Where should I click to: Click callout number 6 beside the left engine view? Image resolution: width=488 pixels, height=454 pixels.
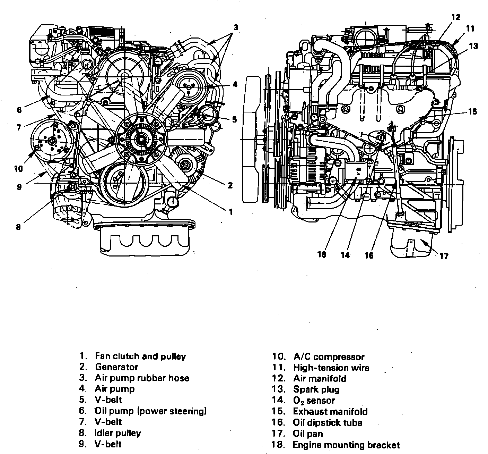pos(19,110)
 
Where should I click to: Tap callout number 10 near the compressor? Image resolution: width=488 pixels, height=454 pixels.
pos(18,169)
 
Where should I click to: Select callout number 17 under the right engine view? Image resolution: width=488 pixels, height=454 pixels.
pos(444,257)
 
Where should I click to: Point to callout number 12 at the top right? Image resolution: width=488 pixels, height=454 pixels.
pos(456,17)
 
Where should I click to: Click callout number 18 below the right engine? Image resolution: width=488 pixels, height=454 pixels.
pos(322,254)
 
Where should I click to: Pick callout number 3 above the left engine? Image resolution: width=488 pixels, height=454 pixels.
pos(235,27)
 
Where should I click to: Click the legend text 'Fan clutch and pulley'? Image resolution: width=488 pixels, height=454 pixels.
pos(140,356)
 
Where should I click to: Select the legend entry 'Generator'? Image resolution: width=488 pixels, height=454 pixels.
pos(116,367)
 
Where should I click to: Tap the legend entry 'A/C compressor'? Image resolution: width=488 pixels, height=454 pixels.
pos(329,356)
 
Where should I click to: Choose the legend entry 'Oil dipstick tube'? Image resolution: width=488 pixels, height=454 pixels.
pos(328,423)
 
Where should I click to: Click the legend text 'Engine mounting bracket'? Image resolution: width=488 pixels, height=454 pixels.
pos(346,445)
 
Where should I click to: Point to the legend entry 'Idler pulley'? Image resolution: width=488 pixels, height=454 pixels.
pos(118,433)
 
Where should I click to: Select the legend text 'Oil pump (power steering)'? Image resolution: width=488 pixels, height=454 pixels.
pos(151,411)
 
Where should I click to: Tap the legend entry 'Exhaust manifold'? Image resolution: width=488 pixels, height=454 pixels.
pos(330,412)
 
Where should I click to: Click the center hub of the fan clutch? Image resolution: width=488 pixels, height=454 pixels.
pos(142,140)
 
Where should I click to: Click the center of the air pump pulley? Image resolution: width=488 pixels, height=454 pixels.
pos(188,85)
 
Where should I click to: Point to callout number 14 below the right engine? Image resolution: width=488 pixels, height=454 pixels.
pos(345,255)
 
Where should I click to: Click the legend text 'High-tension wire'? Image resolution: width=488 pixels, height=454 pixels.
pos(331,368)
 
